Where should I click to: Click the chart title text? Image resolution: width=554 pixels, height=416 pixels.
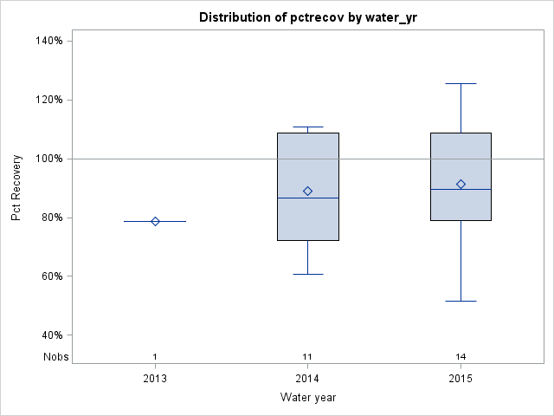click(307, 17)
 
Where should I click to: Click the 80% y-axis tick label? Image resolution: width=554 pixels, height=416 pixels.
click(49, 218)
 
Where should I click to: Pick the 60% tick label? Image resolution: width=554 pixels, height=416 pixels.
click(49, 276)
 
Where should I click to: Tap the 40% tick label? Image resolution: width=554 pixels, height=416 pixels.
click(49, 335)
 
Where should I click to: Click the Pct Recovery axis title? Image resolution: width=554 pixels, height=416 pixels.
click(16, 188)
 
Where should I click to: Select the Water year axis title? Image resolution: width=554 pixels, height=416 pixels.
click(307, 398)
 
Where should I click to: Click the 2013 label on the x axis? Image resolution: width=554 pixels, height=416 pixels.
click(155, 379)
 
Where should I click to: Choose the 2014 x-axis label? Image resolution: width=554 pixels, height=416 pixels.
click(307, 379)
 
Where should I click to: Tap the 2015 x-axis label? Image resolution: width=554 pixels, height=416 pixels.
click(461, 379)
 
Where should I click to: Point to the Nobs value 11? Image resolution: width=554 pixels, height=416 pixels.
click(307, 356)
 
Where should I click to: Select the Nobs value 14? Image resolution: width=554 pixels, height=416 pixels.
click(461, 356)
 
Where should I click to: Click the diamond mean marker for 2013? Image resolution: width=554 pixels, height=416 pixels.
click(155, 221)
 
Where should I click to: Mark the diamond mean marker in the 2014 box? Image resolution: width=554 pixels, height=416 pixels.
click(307, 191)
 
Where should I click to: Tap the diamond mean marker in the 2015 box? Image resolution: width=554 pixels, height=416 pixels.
click(461, 184)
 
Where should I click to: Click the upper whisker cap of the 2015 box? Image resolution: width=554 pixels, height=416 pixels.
click(461, 83)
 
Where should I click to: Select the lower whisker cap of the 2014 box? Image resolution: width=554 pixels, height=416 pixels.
click(307, 274)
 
